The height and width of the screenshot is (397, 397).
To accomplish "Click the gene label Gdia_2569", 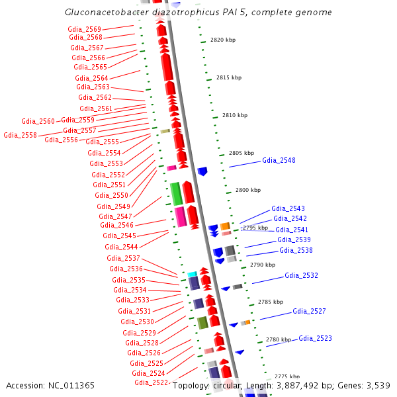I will [85, 29].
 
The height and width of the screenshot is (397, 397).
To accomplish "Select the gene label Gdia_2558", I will [20, 135].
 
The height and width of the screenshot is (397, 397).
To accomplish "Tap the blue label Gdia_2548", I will [279, 161].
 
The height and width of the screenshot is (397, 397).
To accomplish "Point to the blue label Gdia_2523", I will [315, 339].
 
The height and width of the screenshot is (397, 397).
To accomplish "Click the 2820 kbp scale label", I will [223, 40].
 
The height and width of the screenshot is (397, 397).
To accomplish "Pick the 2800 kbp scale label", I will [248, 190].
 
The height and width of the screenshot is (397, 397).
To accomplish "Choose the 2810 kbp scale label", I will [234, 115].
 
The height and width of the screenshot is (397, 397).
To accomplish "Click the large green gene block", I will [176, 193].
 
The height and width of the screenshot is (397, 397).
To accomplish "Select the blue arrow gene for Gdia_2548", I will [202, 171].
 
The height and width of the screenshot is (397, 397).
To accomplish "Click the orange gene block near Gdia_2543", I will [225, 226].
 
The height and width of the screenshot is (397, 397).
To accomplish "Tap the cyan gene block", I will [192, 274].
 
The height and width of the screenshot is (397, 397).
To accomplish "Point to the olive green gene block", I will [202, 322].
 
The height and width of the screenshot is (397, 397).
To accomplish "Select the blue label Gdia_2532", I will [301, 275].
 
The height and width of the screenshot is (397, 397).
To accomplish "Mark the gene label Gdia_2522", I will [151, 382].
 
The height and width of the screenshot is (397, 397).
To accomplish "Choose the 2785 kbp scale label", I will [270, 302].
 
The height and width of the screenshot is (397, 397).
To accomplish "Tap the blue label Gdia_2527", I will [309, 311].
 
